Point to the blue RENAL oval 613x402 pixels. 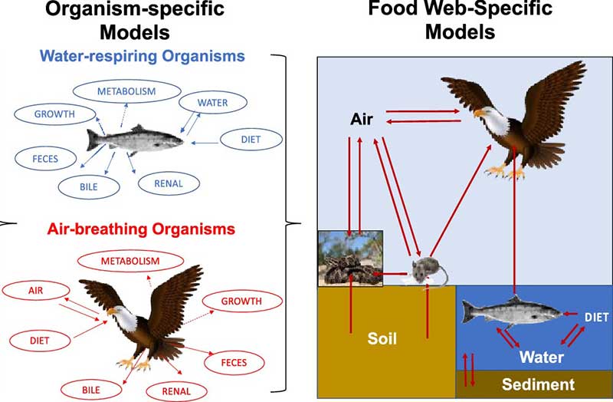click(x=168, y=183)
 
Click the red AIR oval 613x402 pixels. click(x=35, y=292)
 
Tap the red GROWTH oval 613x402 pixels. click(x=241, y=301)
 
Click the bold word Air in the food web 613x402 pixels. click(x=362, y=119)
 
